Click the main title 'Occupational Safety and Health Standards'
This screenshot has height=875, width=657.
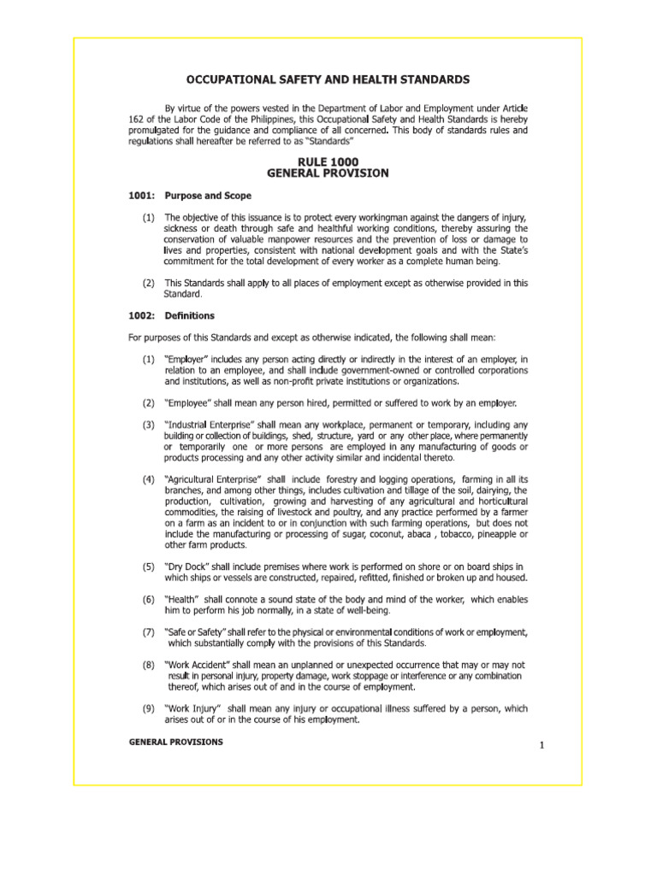[328, 79]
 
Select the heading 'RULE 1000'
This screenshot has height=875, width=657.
[328, 161]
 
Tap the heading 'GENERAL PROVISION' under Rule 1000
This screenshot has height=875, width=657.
[328, 173]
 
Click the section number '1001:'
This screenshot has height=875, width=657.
[140, 196]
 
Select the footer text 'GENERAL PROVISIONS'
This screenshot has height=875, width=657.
[175, 742]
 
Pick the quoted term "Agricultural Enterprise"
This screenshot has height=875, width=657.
[211, 479]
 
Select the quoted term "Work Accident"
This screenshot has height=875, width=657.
[198, 664]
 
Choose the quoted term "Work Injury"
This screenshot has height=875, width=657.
[193, 708]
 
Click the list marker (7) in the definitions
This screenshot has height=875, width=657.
[149, 631]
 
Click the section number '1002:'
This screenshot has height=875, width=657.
[140, 315]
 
